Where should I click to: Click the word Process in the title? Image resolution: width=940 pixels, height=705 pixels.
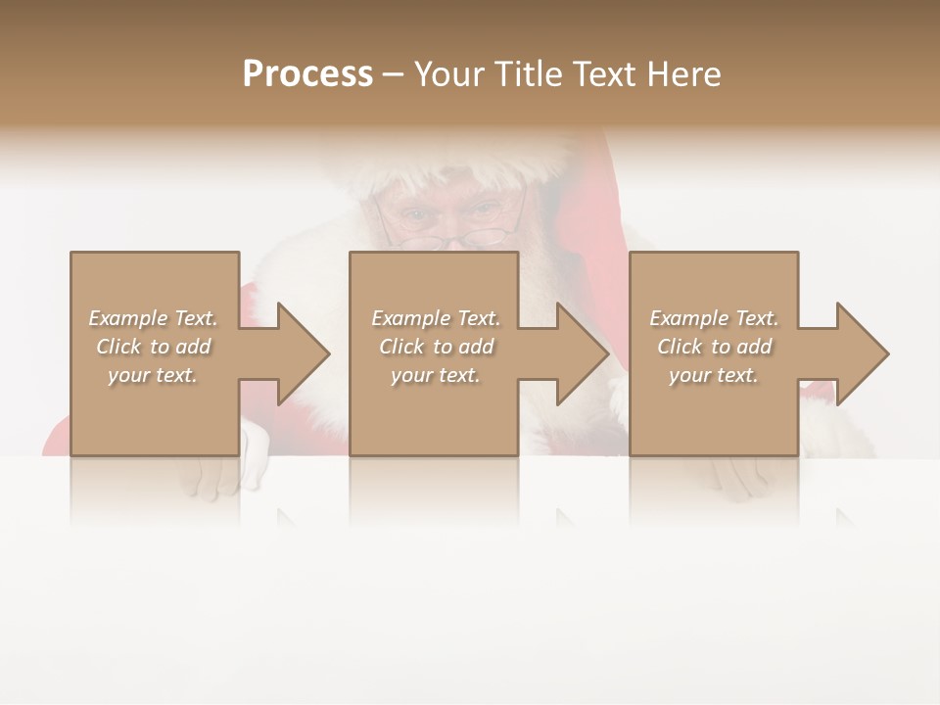click(x=307, y=74)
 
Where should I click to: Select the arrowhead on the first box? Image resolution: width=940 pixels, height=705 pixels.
click(x=293, y=353)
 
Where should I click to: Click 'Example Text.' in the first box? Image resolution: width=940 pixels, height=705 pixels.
click(x=153, y=318)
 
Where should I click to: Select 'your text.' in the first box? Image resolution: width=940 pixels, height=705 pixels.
click(x=153, y=375)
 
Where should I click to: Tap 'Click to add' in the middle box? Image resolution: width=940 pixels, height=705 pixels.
click(x=436, y=347)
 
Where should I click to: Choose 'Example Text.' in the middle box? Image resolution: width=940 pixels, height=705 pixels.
click(x=436, y=318)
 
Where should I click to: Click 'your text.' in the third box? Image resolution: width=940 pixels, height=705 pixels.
click(x=714, y=375)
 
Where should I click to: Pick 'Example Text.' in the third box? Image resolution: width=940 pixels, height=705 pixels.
click(x=714, y=318)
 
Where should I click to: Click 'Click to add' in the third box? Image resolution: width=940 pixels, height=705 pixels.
click(x=714, y=347)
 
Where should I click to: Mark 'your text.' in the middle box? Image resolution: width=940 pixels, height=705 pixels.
click(x=436, y=375)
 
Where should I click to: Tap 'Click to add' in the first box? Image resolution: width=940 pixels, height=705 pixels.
click(x=153, y=347)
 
